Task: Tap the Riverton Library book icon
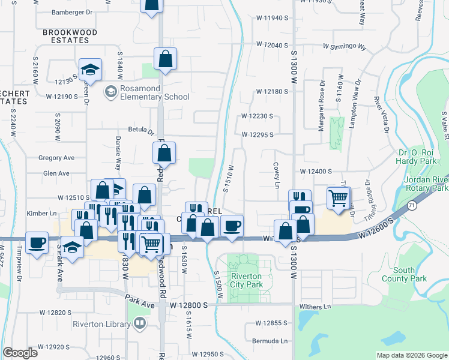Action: (139, 324)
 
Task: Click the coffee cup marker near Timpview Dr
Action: (37, 242)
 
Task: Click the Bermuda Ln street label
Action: (271, 341)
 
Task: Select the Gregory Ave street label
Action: (56, 158)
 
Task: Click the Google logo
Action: (20, 353)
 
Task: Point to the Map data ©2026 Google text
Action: (412, 355)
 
